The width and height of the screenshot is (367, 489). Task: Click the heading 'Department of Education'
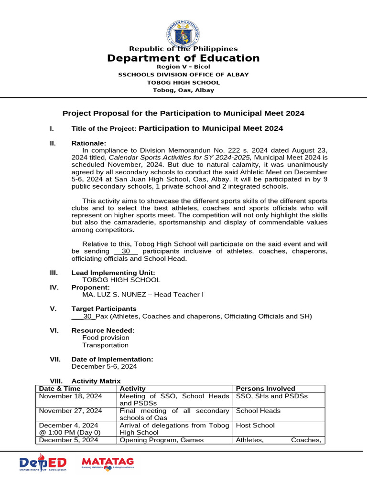183,58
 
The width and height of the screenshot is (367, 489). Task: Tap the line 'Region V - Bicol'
183,67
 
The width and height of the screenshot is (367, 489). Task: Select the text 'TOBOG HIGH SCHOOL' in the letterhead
183,82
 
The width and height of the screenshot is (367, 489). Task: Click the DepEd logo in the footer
43,464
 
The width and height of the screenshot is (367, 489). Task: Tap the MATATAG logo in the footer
108,463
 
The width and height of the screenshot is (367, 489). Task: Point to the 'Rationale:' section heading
89,143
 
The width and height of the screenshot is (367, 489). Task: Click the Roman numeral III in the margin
54,273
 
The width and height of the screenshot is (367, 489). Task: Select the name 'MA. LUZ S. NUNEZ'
112,295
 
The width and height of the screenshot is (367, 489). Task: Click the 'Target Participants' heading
104,308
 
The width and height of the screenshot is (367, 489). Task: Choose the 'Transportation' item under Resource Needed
105,345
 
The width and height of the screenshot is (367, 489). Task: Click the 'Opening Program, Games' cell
162,440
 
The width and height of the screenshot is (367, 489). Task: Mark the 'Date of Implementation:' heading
112,359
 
